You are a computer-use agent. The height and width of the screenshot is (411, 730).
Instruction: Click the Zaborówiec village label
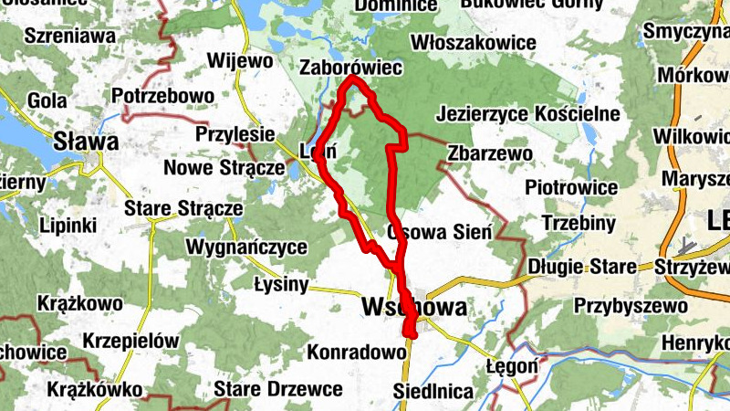click(351, 68)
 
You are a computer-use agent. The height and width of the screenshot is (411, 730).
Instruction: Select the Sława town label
click(86, 142)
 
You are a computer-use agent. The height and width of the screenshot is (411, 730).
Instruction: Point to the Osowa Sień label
click(439, 232)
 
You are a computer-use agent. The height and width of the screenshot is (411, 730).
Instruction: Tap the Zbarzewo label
click(489, 153)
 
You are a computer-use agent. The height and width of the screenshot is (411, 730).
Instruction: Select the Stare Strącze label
click(184, 209)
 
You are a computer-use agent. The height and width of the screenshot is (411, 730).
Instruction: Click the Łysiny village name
click(282, 284)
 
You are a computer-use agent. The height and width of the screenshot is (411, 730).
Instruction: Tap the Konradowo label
click(356, 352)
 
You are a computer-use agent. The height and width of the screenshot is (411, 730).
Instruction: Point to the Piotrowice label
click(572, 187)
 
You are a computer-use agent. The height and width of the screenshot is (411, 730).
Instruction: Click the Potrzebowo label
click(162, 95)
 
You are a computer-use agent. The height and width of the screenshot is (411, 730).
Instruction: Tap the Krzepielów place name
click(130, 340)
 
